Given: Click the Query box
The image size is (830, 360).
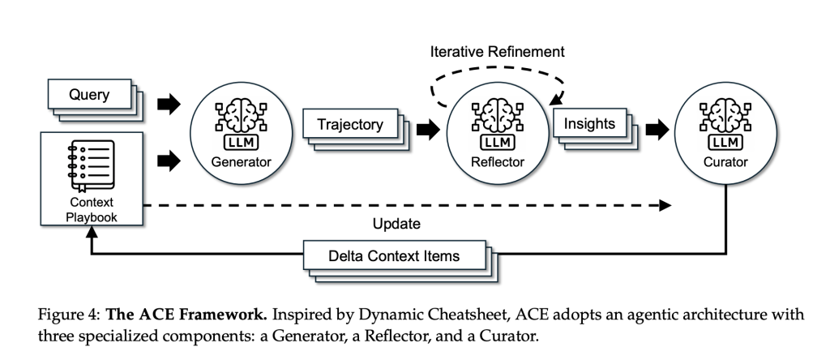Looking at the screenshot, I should coord(90,96).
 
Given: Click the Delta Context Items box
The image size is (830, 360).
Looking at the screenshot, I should coord(394,256).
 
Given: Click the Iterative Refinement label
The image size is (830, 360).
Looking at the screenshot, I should coord(497,52).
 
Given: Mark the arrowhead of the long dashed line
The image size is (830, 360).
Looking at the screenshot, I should coord(665,206).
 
